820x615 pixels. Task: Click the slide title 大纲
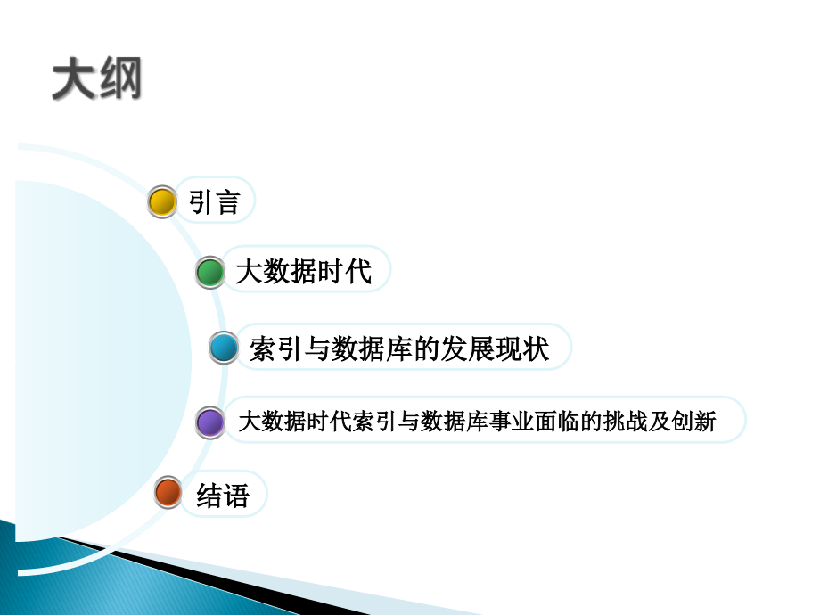pos(96,80)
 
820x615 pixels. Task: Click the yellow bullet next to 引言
pos(162,202)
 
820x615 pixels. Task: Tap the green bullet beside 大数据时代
pos(210,273)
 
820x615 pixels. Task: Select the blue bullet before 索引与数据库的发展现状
pos(224,348)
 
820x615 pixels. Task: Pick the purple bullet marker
pos(209,422)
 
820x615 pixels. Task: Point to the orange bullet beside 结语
pos(168,493)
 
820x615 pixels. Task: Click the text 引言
pos(215,202)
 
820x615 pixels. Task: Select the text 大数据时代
pos(303,272)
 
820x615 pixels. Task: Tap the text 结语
pos(223,495)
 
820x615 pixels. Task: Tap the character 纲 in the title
pos(119,80)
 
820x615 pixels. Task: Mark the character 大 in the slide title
pos(73,80)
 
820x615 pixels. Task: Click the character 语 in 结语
pos(236,495)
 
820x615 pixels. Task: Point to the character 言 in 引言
pos(228,202)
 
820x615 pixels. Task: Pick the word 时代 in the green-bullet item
pos(343,272)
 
